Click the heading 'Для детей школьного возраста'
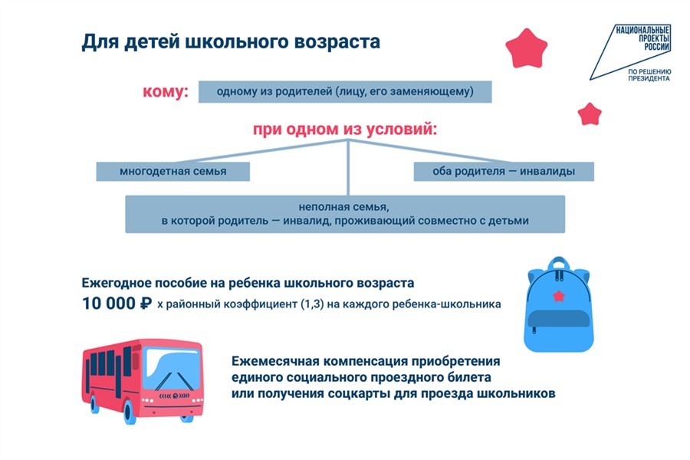point(231,41)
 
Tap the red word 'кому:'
point(166,92)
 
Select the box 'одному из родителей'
point(344,92)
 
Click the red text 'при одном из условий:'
point(345,129)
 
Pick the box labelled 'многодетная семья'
point(172,171)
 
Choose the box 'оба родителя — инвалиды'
point(504,171)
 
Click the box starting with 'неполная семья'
point(345,214)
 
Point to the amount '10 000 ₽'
point(117,304)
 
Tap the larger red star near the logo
point(527,48)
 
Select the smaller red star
point(590,114)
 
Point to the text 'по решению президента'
point(649,74)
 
